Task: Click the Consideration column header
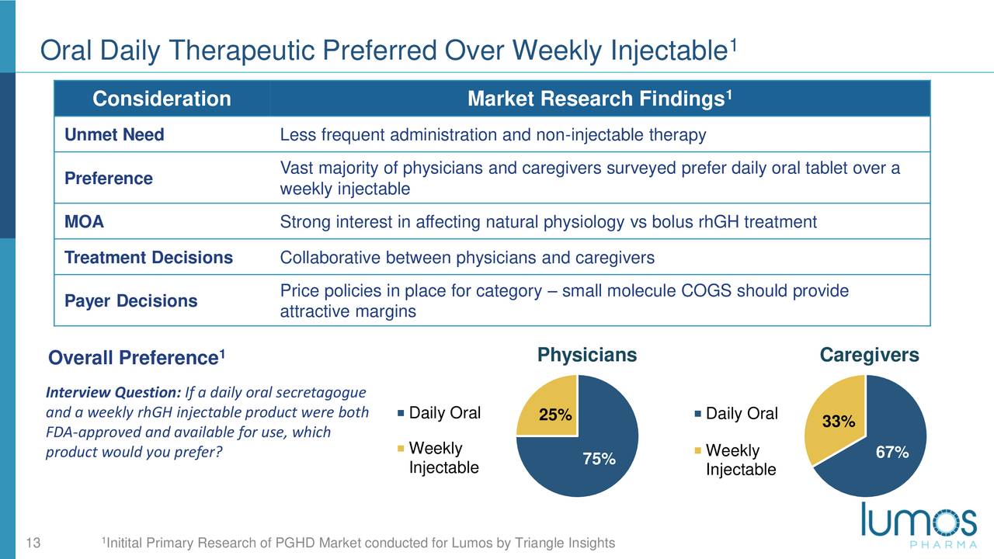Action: point(162,99)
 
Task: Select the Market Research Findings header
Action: point(600,98)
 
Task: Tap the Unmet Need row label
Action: point(114,134)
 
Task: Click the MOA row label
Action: point(85,221)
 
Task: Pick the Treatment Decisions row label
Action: point(148,257)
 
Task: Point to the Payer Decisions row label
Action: point(131,300)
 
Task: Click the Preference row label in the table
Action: point(109,179)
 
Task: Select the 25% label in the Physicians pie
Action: point(555,415)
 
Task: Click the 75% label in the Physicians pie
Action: point(599,459)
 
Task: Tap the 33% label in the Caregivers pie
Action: point(839,421)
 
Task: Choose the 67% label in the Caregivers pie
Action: point(892,453)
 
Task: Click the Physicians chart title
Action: point(587,355)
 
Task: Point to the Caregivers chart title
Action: point(869,356)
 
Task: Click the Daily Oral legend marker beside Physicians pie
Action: point(401,414)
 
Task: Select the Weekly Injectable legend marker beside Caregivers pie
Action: point(697,451)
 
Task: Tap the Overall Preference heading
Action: point(137,358)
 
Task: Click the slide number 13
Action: point(33,543)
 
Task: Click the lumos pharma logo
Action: point(919,526)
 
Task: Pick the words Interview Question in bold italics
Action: point(113,393)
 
